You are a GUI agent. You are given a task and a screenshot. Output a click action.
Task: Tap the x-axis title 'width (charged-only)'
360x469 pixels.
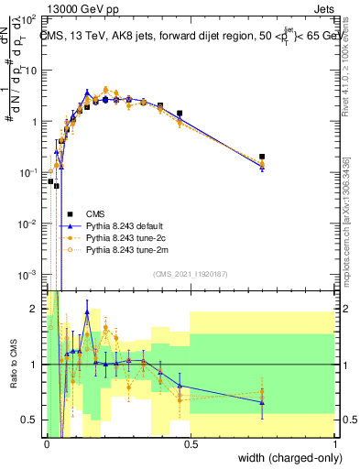tap(283, 459)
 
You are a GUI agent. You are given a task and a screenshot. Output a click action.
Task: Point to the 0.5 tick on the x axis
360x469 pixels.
tap(191, 445)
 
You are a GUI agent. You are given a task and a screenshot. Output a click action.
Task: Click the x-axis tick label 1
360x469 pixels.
tap(336, 445)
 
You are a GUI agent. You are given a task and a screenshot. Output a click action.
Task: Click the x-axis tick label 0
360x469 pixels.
tap(47, 445)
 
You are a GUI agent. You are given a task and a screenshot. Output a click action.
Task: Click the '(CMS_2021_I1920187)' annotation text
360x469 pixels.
tap(191, 273)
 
